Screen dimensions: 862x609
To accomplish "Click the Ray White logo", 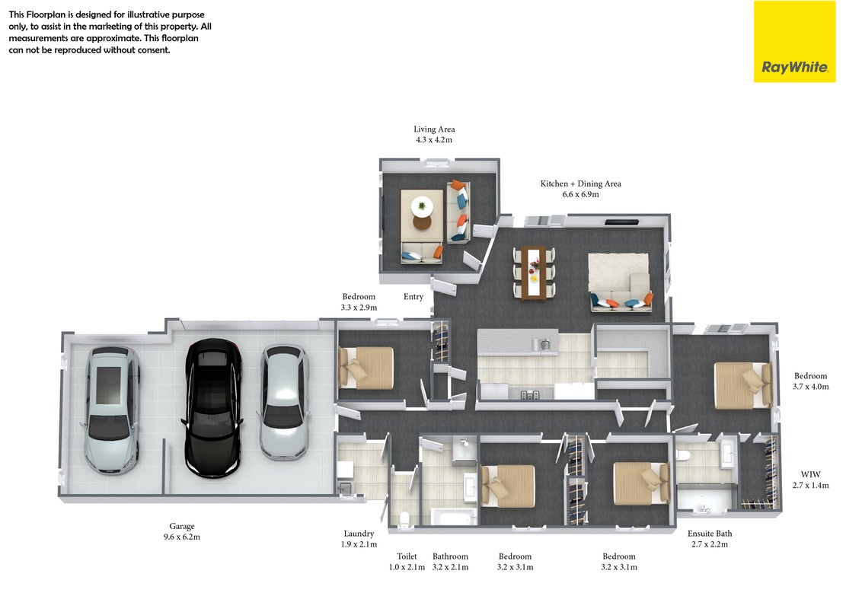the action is [794, 42].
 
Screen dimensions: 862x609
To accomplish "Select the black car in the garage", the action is [213, 407].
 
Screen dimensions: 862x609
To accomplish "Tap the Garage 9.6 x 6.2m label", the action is [182, 531].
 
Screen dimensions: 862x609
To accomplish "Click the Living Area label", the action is [434, 129].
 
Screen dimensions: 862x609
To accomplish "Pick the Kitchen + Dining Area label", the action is [580, 183].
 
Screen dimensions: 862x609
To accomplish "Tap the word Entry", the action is [413, 297].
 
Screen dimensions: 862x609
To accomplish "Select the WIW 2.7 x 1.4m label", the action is [810, 480].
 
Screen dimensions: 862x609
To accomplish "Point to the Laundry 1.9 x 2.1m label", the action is [359, 539].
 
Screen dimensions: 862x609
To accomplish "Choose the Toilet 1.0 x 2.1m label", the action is [407, 562].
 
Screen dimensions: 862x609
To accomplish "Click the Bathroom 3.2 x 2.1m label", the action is [450, 562].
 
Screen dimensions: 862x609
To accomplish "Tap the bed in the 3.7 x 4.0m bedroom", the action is [742, 384].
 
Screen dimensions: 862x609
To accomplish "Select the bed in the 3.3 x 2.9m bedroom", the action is [366, 368].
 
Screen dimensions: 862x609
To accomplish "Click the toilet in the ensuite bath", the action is [683, 456].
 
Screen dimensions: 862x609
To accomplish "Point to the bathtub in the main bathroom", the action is [454, 517].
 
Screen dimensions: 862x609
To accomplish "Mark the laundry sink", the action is [345, 487].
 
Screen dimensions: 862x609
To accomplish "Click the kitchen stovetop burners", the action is [530, 394].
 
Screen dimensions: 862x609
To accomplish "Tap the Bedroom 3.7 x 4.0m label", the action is [810, 381].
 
